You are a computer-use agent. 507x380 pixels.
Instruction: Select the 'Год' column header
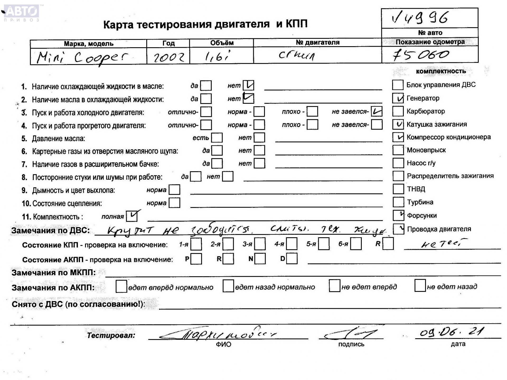(x=168, y=43)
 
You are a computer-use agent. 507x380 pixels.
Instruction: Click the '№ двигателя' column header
(x=317, y=42)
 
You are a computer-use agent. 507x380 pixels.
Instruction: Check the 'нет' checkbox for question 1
(x=248, y=85)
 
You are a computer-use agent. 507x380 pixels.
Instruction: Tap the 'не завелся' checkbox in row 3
(x=376, y=111)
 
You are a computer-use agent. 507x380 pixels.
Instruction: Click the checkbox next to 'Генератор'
(x=398, y=98)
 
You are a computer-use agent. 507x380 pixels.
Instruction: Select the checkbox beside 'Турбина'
(x=398, y=202)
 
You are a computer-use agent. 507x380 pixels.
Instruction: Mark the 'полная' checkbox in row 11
(x=132, y=216)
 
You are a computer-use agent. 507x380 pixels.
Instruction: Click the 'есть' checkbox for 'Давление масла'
(x=217, y=138)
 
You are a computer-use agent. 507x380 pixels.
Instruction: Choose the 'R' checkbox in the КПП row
(x=388, y=244)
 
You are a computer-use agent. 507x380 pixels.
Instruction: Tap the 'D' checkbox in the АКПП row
(x=292, y=259)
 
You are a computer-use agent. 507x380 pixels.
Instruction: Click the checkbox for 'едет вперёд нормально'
(x=121, y=287)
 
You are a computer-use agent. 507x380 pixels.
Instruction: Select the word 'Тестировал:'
(x=111, y=335)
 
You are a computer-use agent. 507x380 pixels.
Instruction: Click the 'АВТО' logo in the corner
(x=21, y=12)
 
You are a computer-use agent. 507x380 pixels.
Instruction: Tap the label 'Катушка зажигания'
(x=437, y=124)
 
